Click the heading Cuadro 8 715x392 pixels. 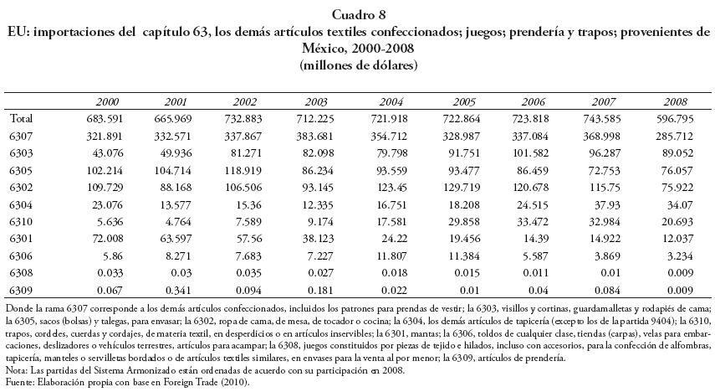pyautogui.click(x=358, y=15)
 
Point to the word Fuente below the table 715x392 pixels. pyautogui.click(x=18, y=382)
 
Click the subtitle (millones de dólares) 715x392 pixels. pyautogui.click(x=358, y=65)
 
